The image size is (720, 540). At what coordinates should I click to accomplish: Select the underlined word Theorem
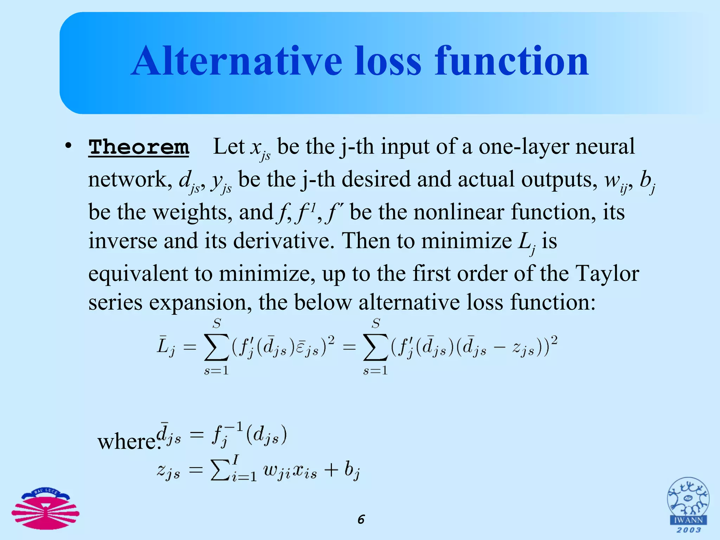(139, 147)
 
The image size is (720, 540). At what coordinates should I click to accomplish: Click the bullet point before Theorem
(68, 146)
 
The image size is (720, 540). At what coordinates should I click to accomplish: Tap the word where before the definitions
(128, 442)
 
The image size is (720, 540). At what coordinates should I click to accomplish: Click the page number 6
(361, 519)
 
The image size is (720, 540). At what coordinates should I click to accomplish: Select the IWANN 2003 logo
(688, 506)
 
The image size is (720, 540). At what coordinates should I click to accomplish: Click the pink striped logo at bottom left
(45, 509)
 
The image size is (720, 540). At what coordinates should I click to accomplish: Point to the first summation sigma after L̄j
(217, 347)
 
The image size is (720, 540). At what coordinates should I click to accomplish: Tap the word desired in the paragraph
(376, 179)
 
